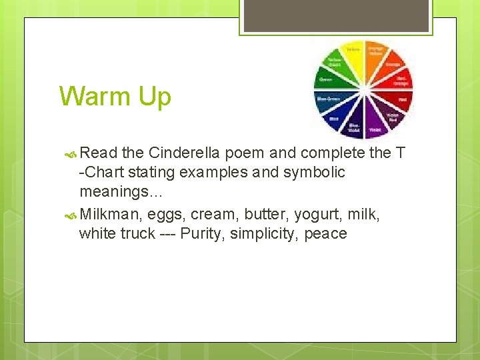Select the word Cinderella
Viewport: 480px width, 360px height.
[187, 153]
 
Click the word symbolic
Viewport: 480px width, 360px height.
[312, 173]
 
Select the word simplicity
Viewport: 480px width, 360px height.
[261, 234]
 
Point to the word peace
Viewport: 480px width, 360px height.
[325, 234]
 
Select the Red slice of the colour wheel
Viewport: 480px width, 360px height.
[401, 100]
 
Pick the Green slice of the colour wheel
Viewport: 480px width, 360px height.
[327, 80]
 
